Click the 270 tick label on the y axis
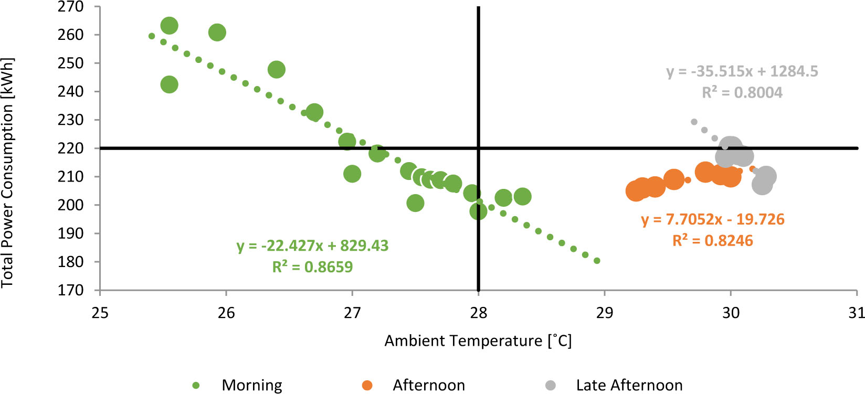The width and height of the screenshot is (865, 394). coord(71,7)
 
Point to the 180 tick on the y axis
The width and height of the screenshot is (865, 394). coord(71,262)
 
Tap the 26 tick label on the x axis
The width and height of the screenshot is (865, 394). coord(226,313)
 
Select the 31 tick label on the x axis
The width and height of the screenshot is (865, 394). coord(856,313)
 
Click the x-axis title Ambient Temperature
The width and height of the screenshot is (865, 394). coord(478,341)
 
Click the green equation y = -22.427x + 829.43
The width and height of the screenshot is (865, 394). coord(312,246)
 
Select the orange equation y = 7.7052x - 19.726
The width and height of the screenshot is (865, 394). coord(713,219)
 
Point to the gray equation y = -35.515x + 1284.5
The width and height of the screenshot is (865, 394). coord(742,71)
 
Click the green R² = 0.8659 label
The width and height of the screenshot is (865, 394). coord(312,267)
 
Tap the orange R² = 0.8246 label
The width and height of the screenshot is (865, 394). coord(713,241)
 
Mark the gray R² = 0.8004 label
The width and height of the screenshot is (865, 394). coord(742,93)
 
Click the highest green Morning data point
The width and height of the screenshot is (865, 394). coord(169,26)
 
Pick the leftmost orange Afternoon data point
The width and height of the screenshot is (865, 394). coord(636,191)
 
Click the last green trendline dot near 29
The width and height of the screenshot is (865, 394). coord(597,261)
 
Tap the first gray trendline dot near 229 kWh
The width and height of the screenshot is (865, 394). coord(694,122)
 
